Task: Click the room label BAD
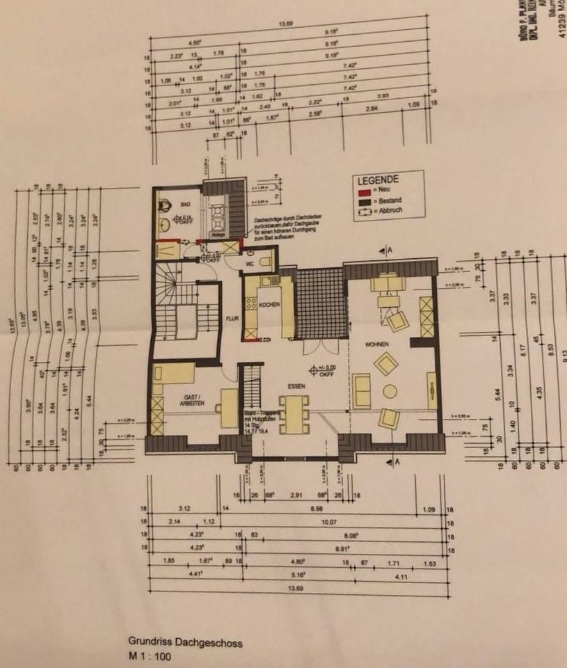coord(185,205)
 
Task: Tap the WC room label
coord(248,264)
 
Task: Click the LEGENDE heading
coord(376,179)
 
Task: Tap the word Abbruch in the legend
coord(387,211)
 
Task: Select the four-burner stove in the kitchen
coord(250,303)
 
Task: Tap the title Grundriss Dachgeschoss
coord(185,643)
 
